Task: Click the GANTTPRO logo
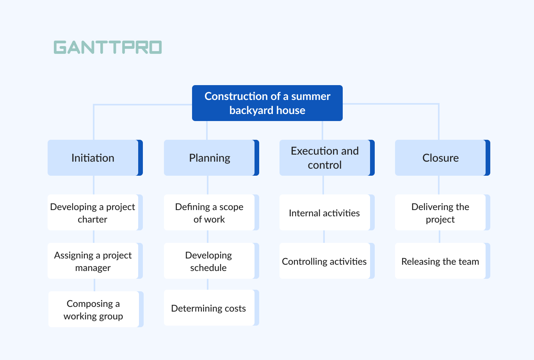108,47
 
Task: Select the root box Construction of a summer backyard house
267,103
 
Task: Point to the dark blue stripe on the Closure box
488,158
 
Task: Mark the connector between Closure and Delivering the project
439,185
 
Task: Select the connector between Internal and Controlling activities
324,237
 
